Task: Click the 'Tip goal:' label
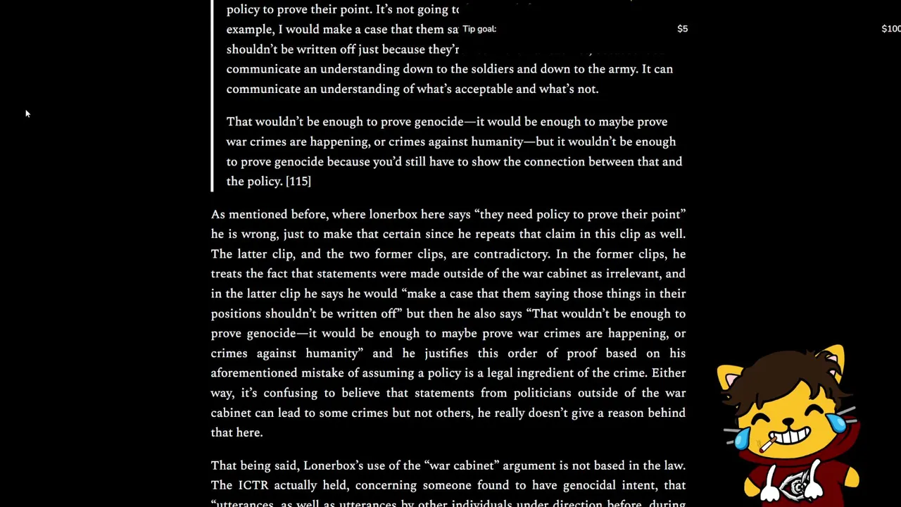coord(479,29)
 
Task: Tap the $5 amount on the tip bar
coord(682,29)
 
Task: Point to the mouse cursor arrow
coord(27,113)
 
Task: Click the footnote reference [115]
coord(298,182)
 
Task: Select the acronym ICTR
coord(253,485)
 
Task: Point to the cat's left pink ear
coord(730,379)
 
